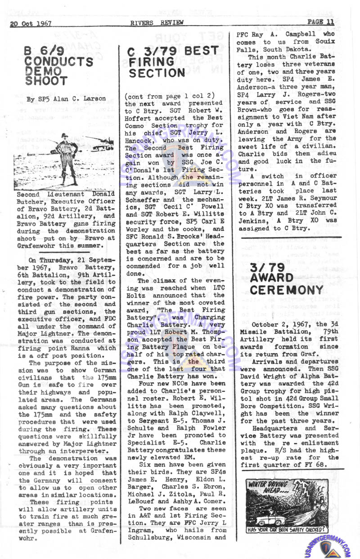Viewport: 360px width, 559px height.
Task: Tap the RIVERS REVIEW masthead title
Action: (148, 23)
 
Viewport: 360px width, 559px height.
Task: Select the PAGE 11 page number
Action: (320, 21)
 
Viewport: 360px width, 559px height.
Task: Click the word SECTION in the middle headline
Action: (156, 73)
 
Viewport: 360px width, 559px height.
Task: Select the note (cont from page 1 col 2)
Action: (163, 97)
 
